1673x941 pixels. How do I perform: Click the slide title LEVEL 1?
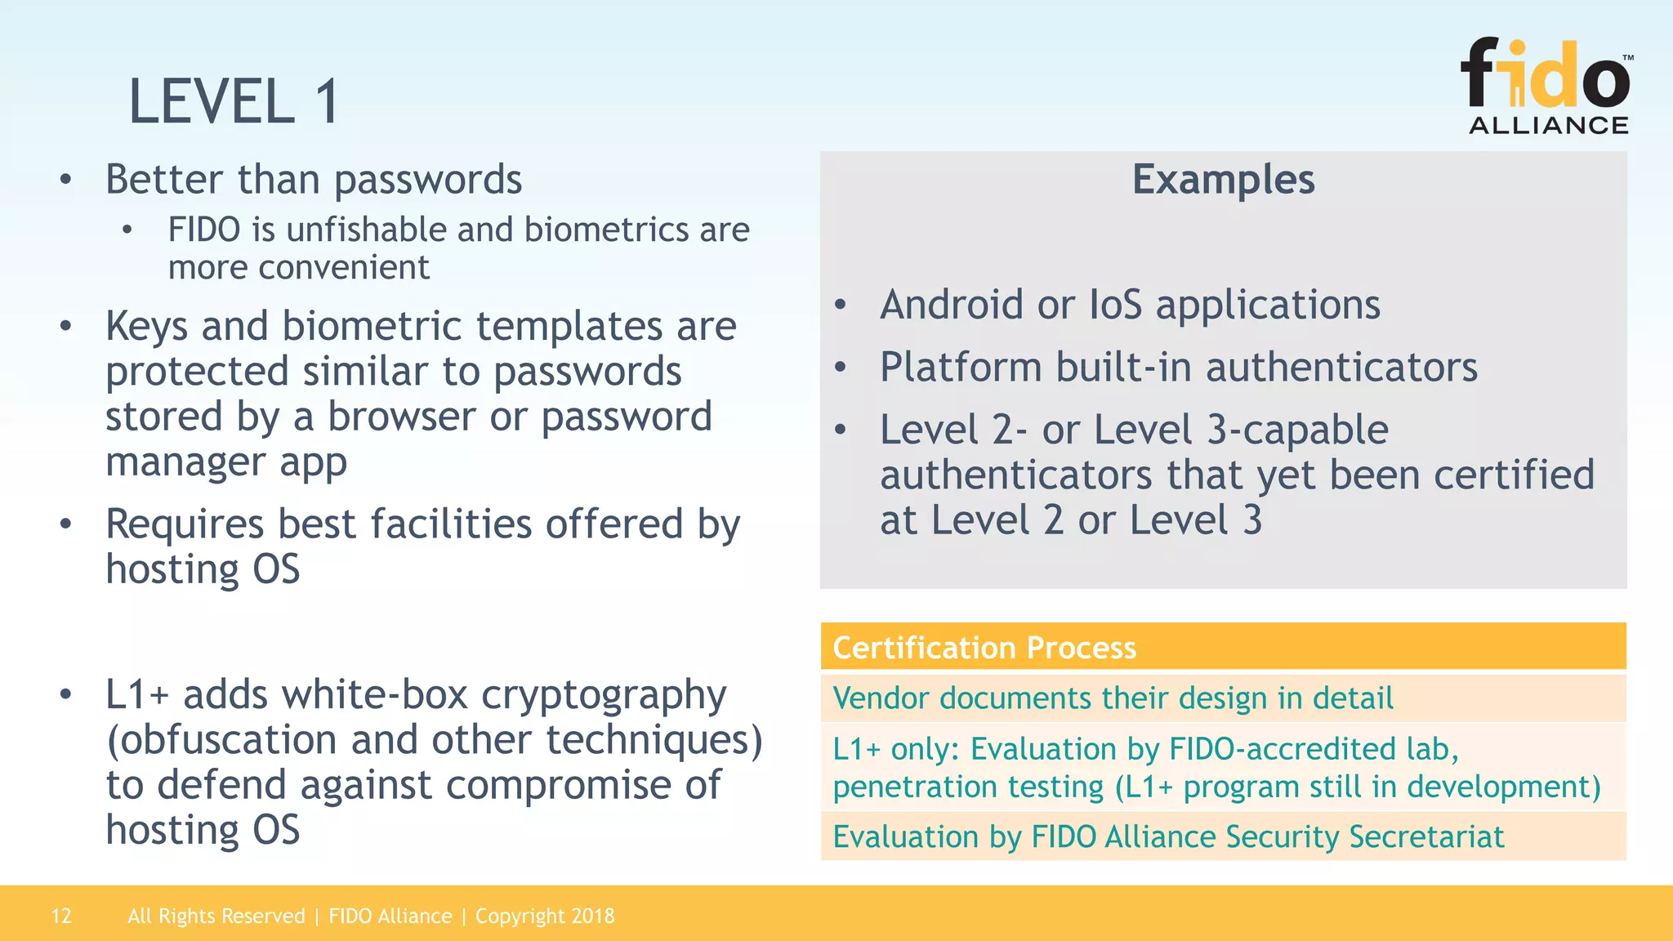point(234,101)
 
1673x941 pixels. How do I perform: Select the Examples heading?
point(1223,179)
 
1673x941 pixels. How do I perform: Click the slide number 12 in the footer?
point(61,916)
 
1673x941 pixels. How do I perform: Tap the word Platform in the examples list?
point(961,368)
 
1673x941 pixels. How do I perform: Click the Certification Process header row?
point(1223,647)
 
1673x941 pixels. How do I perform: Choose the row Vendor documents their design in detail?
point(1113,698)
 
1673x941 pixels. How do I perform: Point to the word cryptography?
point(603,696)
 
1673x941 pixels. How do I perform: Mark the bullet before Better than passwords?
point(66,181)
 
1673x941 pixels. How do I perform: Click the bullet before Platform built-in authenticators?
point(841,368)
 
